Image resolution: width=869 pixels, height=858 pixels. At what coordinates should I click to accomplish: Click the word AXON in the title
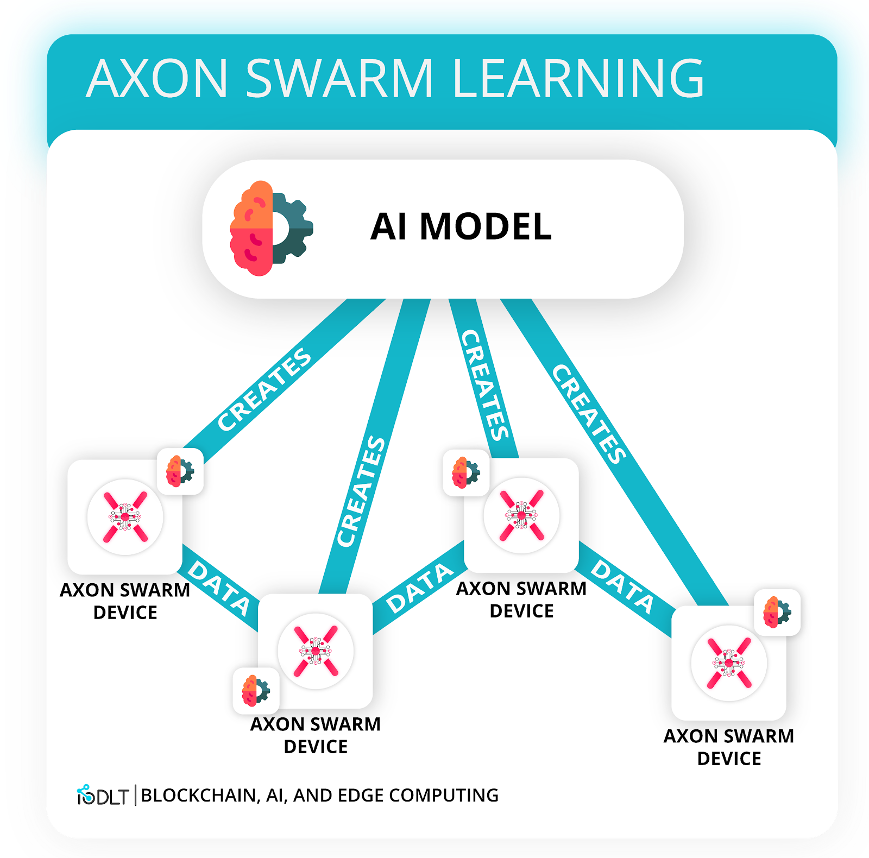pos(157,79)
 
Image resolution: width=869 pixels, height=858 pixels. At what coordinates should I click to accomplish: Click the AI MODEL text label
pos(461,226)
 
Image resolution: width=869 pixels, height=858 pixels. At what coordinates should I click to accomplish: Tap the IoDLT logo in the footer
pos(102,796)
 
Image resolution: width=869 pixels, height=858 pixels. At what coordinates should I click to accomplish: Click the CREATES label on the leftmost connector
pos(265,389)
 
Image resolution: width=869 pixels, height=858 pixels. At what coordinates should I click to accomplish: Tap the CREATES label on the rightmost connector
pos(589,414)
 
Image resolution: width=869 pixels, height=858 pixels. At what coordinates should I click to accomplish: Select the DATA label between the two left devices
pos(219,589)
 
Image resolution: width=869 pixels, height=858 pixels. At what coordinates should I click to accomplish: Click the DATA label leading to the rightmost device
pos(622,586)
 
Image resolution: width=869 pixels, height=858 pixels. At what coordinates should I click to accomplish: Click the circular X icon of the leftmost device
pos(125,517)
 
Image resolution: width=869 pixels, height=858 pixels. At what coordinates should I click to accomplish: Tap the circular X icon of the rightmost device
pos(729,663)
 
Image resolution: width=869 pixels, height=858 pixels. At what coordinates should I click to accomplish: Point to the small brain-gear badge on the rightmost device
pos(777,613)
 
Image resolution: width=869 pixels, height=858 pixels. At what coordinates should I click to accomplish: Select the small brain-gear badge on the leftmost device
pos(180,471)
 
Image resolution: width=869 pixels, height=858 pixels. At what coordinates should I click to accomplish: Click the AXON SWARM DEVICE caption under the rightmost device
pos(729,747)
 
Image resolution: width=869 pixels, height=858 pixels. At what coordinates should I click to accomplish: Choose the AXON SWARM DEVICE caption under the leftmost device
pos(125,601)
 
